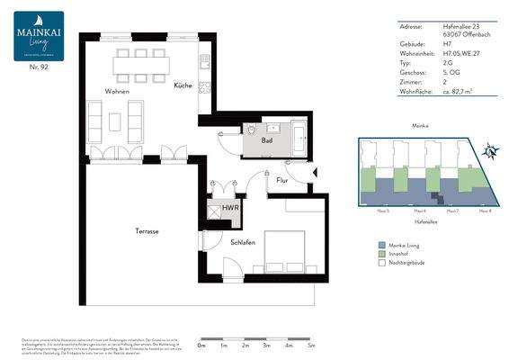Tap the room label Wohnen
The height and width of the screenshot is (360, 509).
117,92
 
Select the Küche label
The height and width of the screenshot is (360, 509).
183,85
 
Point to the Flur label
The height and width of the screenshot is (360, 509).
281,181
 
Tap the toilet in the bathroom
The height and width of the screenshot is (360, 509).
249,131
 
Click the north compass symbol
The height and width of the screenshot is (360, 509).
491,151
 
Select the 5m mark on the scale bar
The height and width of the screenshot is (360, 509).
311,345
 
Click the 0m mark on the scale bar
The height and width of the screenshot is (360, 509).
201,345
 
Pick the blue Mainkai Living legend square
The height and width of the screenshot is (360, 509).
381,244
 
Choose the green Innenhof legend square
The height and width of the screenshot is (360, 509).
381,255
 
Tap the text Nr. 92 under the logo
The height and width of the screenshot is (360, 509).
38,67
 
